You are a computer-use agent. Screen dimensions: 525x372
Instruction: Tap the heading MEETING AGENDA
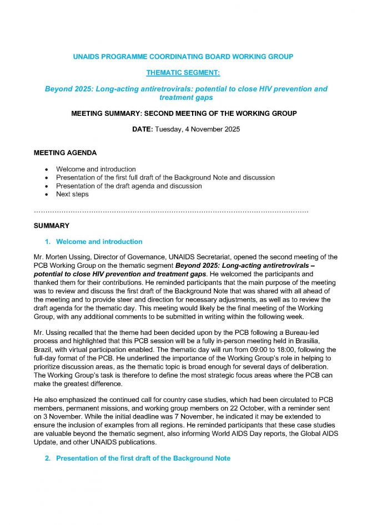[66, 153]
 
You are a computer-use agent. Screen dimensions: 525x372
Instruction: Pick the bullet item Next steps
[72, 194]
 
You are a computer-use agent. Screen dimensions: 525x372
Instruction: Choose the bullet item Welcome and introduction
[95, 169]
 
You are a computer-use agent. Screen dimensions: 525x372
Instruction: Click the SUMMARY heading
[52, 226]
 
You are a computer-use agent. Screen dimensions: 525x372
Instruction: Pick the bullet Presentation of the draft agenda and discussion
[129, 186]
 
